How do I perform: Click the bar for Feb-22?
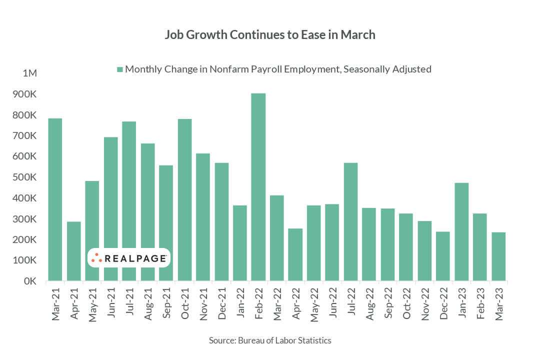[x=258, y=187]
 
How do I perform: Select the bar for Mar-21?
[x=55, y=199]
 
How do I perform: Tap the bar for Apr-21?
[x=73, y=251]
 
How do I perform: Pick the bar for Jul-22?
[x=350, y=222]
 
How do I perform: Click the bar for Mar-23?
[x=498, y=256]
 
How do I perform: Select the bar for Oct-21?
[x=184, y=200]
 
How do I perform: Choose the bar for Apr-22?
[x=295, y=254]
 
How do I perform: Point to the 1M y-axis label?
[x=29, y=73]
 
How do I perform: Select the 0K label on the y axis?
[x=30, y=281]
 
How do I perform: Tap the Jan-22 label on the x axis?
[x=240, y=303]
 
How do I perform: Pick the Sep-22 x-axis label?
[x=388, y=303]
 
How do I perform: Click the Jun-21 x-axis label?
[x=110, y=303]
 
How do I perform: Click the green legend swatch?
[x=119, y=69]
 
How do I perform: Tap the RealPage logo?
[x=129, y=258]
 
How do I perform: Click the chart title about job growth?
[x=270, y=35]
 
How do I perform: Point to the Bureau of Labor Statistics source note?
[x=270, y=340]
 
